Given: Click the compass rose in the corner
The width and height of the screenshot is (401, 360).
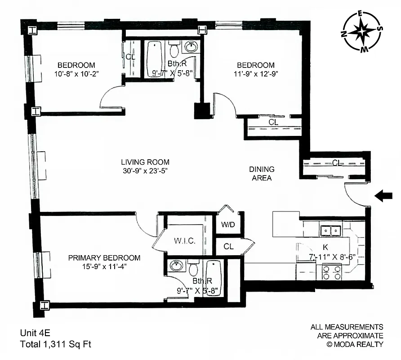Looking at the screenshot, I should tap(362, 31).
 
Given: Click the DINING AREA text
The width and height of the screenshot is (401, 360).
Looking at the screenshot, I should tap(262, 173).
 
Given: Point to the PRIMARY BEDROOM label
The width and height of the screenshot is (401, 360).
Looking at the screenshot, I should tap(104, 258).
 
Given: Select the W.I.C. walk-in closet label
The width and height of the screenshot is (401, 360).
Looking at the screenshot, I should tap(184, 240).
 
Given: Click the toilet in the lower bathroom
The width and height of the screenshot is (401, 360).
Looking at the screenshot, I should tap(194, 269).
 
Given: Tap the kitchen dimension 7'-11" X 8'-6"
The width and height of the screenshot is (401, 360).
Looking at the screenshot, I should tap(333, 256).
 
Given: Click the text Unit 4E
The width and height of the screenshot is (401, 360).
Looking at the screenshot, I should tap(35, 333).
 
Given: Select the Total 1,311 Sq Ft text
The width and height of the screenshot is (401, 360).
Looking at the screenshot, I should tap(55, 345).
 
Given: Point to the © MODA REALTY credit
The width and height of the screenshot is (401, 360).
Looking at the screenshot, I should tap(355, 344).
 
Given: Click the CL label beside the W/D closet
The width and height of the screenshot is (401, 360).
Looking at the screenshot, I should tap(228, 247).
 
